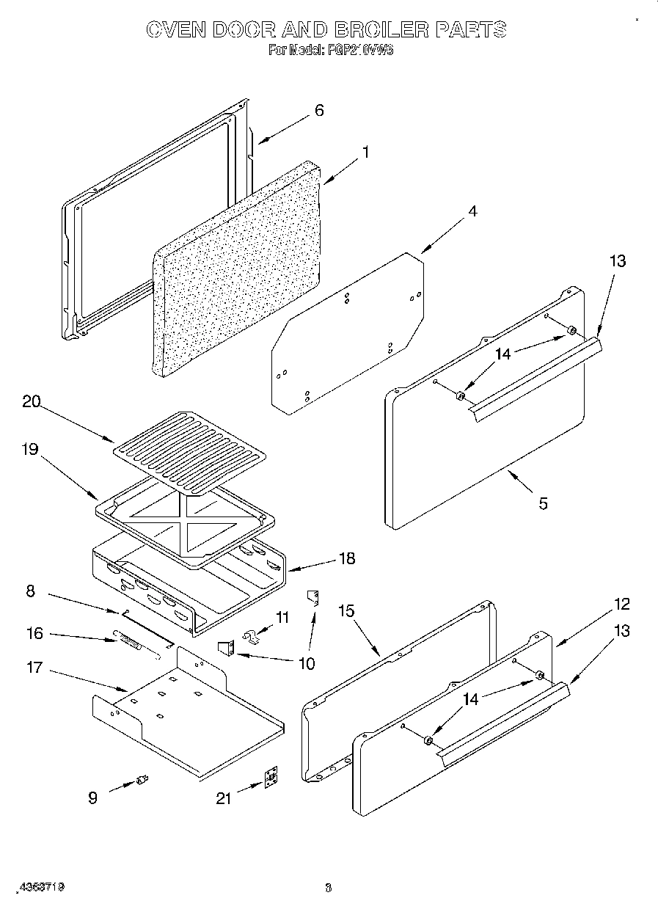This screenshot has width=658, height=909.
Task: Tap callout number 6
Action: click(x=318, y=111)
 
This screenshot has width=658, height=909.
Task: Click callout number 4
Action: click(x=472, y=211)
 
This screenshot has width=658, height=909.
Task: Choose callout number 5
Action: click(x=542, y=503)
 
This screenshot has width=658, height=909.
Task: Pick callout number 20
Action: click(x=31, y=401)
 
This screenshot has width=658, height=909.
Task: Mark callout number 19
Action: click(x=29, y=449)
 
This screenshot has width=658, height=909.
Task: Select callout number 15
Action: click(x=346, y=610)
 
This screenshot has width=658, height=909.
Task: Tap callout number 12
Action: click(x=621, y=604)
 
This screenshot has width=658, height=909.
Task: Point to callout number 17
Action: click(x=34, y=668)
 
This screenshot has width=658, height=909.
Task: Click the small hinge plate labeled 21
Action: click(x=271, y=778)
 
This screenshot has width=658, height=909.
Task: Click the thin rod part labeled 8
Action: click(x=147, y=625)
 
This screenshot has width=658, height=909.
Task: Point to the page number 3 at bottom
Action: click(x=329, y=888)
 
